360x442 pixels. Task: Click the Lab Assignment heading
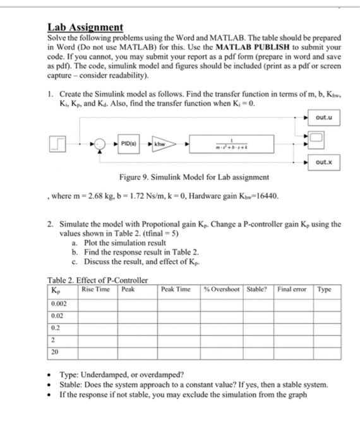[85, 28]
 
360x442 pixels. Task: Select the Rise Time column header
[96, 289]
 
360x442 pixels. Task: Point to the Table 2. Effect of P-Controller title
[98, 280]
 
